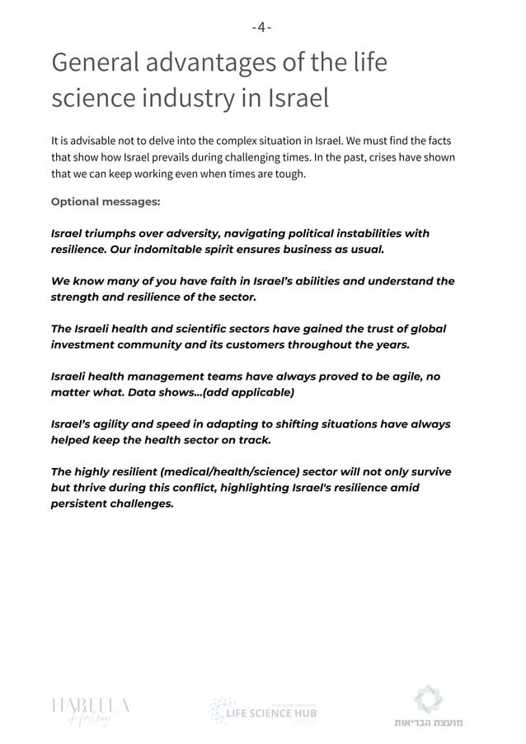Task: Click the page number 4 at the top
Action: tap(262, 27)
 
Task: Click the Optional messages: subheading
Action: tap(106, 202)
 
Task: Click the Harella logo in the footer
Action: tap(90, 709)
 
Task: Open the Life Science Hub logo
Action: tap(263, 710)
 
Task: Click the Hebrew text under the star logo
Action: tap(427, 723)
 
